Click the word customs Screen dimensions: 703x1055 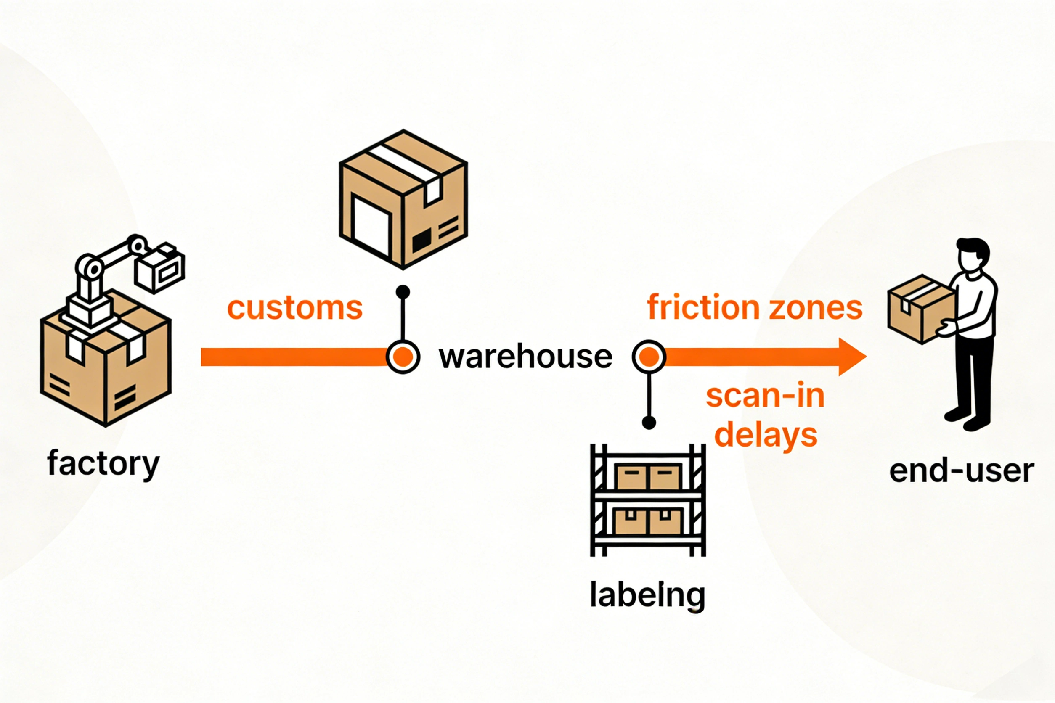[x=295, y=309]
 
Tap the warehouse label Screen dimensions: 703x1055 [x=525, y=357]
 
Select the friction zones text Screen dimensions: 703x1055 [x=755, y=308]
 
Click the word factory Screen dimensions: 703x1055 [x=103, y=464]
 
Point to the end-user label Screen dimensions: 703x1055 [x=961, y=471]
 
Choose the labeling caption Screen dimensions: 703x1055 [x=647, y=595]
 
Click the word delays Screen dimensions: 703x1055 [x=766, y=435]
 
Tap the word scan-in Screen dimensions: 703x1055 [x=765, y=396]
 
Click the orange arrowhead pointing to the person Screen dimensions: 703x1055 [x=851, y=357]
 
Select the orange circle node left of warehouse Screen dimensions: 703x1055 [x=403, y=357]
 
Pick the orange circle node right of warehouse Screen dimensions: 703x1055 [x=649, y=357]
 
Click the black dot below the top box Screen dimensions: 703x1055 [x=403, y=292]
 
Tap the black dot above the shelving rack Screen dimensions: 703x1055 [x=649, y=422]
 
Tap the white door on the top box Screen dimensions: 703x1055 [x=371, y=225]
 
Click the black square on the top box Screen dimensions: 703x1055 [x=421, y=240]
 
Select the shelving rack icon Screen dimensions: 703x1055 [x=648, y=500]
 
